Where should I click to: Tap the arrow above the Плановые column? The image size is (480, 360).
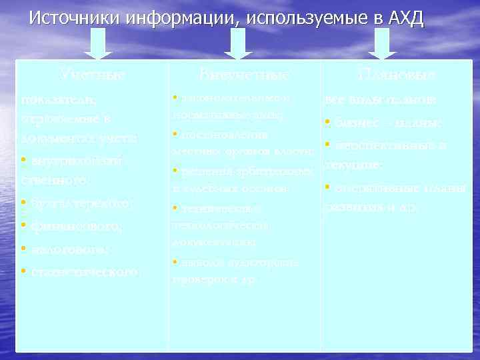[x=383, y=47]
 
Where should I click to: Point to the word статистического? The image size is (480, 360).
[x=83, y=272]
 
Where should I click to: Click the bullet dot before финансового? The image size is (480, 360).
[x=23, y=225]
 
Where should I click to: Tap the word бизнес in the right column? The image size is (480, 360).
[x=351, y=123]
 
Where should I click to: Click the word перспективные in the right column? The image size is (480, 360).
[x=380, y=146]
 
